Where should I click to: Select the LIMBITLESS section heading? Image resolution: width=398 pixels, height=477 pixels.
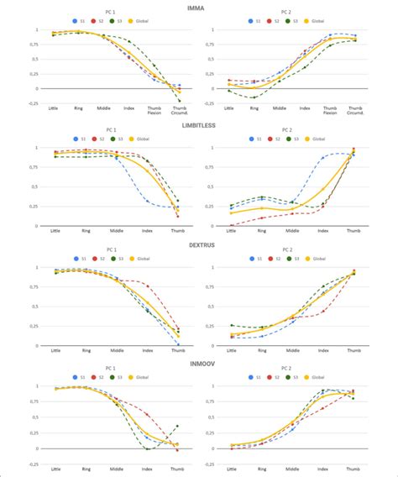(x=199, y=124)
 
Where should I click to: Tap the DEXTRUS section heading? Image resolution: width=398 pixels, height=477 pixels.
(x=199, y=244)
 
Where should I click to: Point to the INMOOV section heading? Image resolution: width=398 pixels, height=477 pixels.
(x=199, y=363)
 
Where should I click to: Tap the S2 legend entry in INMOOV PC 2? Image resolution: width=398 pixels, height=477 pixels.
(x=274, y=378)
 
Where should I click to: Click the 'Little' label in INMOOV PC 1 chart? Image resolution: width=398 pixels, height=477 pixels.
(x=55, y=469)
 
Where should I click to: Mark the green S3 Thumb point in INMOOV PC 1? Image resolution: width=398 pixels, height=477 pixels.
(x=178, y=426)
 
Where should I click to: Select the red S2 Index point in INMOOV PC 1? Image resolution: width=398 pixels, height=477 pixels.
(x=148, y=415)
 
